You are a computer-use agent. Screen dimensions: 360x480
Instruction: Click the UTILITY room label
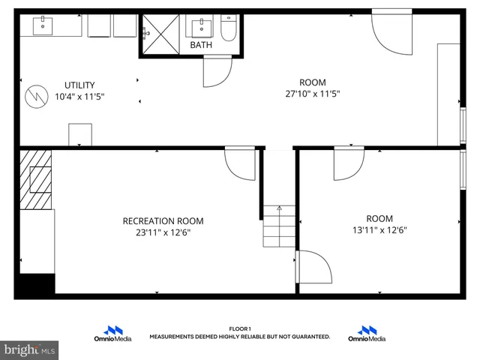click(x=79, y=85)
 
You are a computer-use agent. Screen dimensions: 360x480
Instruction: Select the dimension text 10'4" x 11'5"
click(x=79, y=96)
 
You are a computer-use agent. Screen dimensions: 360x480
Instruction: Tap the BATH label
click(x=200, y=45)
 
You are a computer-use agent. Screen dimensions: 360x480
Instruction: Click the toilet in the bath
click(x=228, y=28)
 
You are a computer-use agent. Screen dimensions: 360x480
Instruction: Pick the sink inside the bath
click(x=201, y=28)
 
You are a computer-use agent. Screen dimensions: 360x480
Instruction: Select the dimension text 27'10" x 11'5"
click(x=313, y=94)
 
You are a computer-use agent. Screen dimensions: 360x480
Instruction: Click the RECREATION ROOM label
click(x=163, y=220)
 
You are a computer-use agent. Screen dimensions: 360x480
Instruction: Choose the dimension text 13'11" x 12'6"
click(x=379, y=231)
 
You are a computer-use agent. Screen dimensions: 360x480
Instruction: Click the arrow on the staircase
click(x=279, y=209)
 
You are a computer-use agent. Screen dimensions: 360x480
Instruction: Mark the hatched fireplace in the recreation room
click(x=36, y=180)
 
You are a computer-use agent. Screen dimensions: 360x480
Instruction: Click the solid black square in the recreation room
click(x=36, y=285)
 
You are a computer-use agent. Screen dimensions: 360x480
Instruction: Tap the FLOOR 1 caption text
click(x=239, y=328)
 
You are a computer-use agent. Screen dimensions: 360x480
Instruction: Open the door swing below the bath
click(x=217, y=72)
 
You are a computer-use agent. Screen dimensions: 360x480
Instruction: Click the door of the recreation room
click(x=241, y=163)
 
